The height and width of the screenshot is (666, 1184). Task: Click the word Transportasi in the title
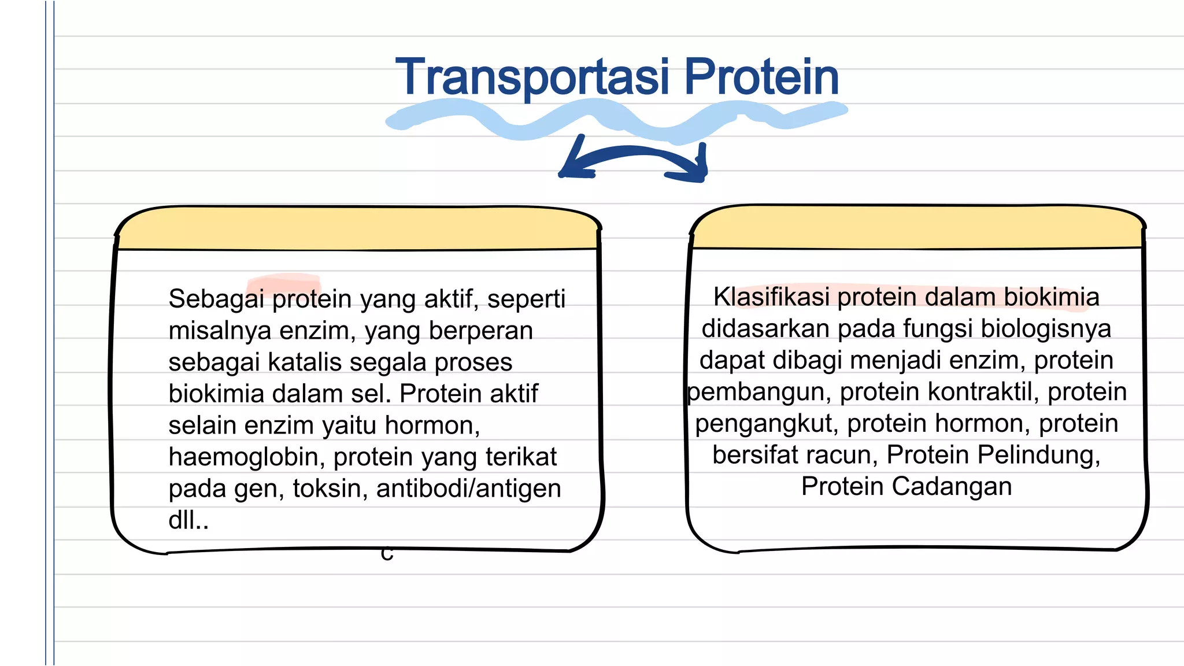coord(532,77)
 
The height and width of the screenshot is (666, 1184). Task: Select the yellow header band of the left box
coord(357,229)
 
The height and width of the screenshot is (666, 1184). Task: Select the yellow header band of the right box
coord(917,228)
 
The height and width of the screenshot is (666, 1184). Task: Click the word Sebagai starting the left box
coord(216,299)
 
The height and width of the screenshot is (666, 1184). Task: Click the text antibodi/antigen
coord(468,489)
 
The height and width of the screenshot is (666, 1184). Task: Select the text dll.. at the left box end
coord(188,520)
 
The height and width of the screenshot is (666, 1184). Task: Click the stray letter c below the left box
coord(387,554)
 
